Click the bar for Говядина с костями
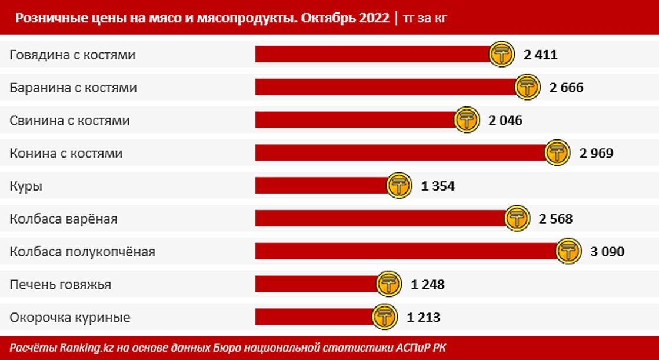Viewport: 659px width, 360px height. pyautogui.click(x=372, y=55)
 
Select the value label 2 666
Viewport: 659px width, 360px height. pyautogui.click(x=566, y=88)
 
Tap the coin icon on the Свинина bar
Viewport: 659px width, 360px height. pyautogui.click(x=467, y=121)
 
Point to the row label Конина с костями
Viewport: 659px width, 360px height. pyautogui.click(x=66, y=154)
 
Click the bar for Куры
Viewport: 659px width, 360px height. pyautogui.click(x=321, y=186)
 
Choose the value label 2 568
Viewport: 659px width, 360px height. pyautogui.click(x=555, y=219)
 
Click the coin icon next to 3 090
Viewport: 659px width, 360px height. pyautogui.click(x=569, y=252)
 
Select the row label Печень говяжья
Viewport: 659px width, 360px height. pyautogui.click(x=61, y=285)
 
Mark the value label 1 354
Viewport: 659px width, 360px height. pyautogui.click(x=438, y=186)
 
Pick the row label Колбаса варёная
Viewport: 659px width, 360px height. pyautogui.click(x=64, y=219)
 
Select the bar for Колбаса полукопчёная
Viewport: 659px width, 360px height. pyautogui.click(x=406, y=252)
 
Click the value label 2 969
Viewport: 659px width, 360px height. pyautogui.click(x=596, y=154)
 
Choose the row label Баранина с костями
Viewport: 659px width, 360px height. pyautogui.click(x=74, y=88)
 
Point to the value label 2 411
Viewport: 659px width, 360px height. pyautogui.click(x=540, y=55)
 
